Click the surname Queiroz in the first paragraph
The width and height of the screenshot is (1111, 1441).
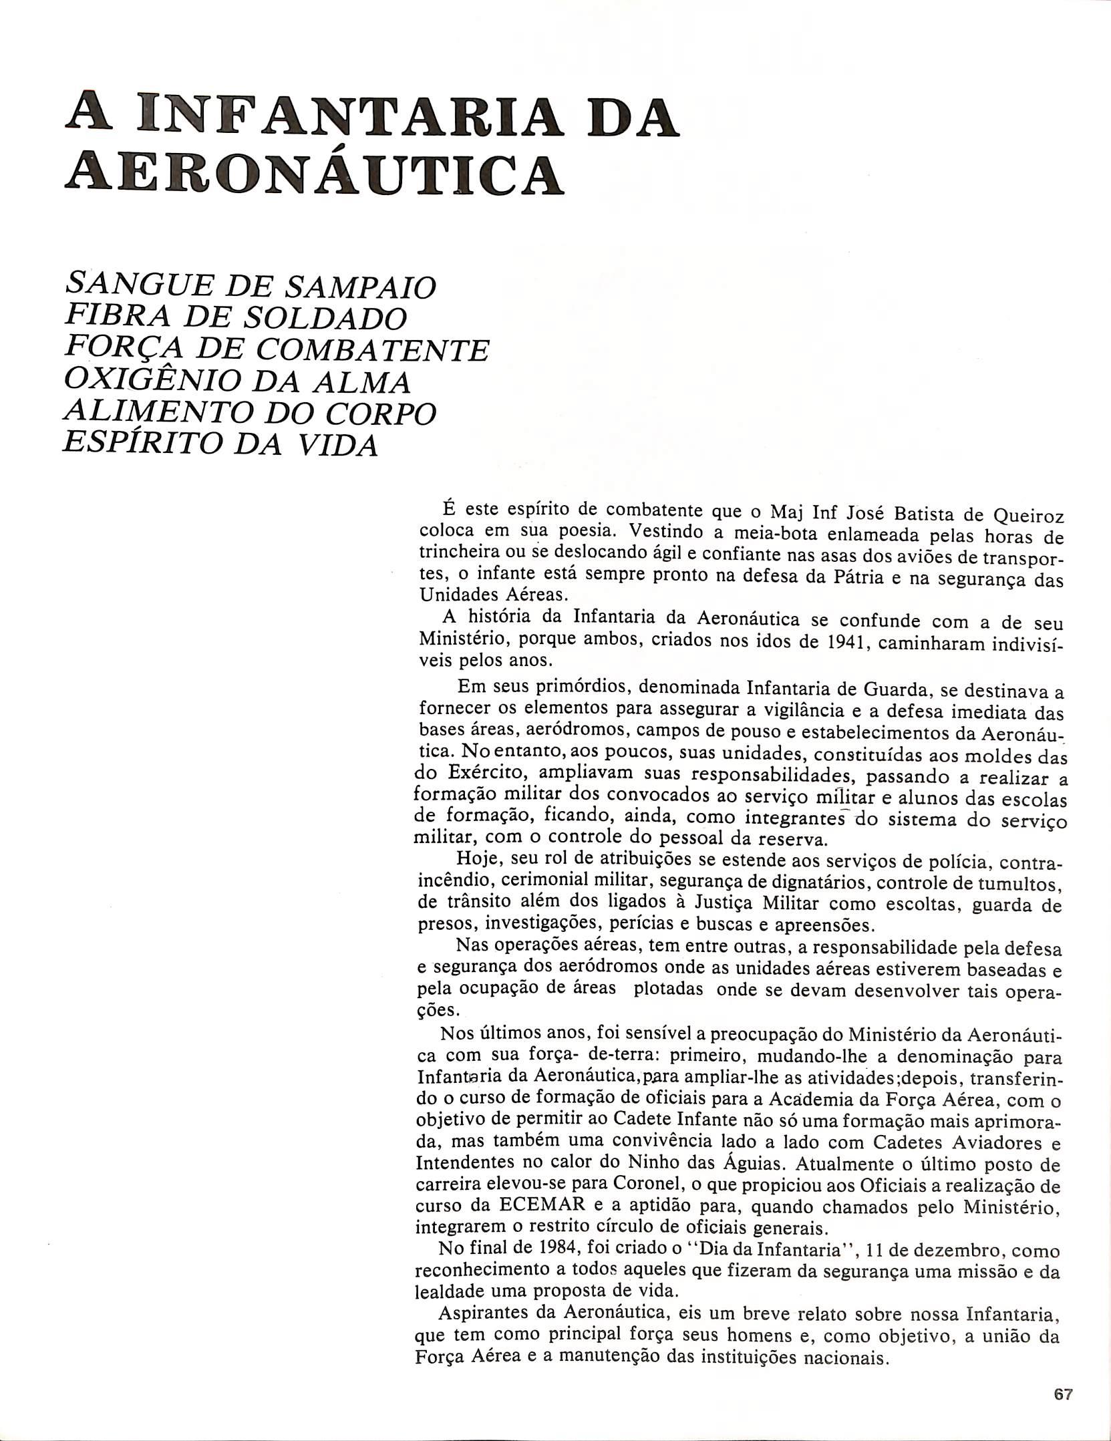click(1028, 515)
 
